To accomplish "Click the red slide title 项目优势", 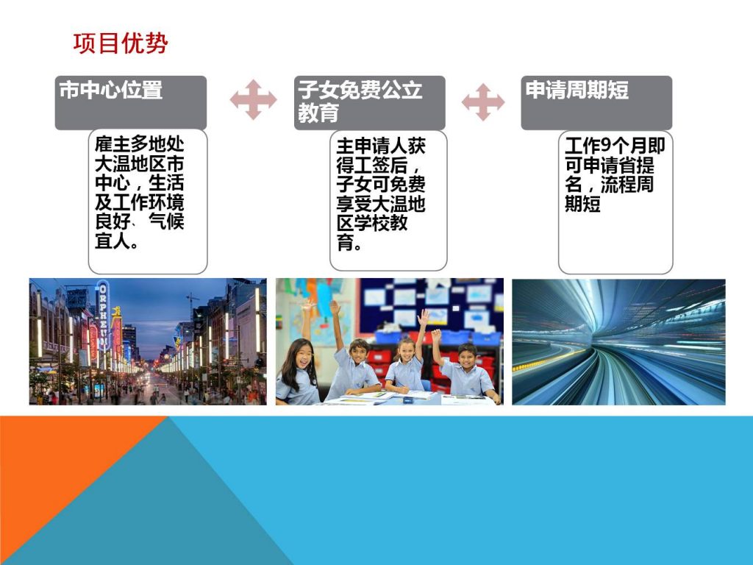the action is tap(121, 43).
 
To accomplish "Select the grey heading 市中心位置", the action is tap(111, 90).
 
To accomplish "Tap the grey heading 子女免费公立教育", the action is tap(360, 102).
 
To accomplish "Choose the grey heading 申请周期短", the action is tap(577, 90).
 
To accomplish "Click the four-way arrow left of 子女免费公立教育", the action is tap(253, 100).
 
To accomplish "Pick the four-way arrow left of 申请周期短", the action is tap(483, 102).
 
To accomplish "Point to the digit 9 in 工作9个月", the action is tap(606, 145).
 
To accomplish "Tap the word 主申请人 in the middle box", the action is tap(371, 146).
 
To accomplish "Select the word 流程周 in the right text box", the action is tap(627, 185).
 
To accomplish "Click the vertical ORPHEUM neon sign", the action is tap(103, 315).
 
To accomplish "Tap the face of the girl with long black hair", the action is tap(299, 355).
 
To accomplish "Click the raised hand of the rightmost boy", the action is tap(436, 335).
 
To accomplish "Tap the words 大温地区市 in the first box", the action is tap(139, 164).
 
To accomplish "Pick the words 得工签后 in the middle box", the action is tap(371, 166).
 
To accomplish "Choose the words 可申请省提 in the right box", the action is tap(610, 166).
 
